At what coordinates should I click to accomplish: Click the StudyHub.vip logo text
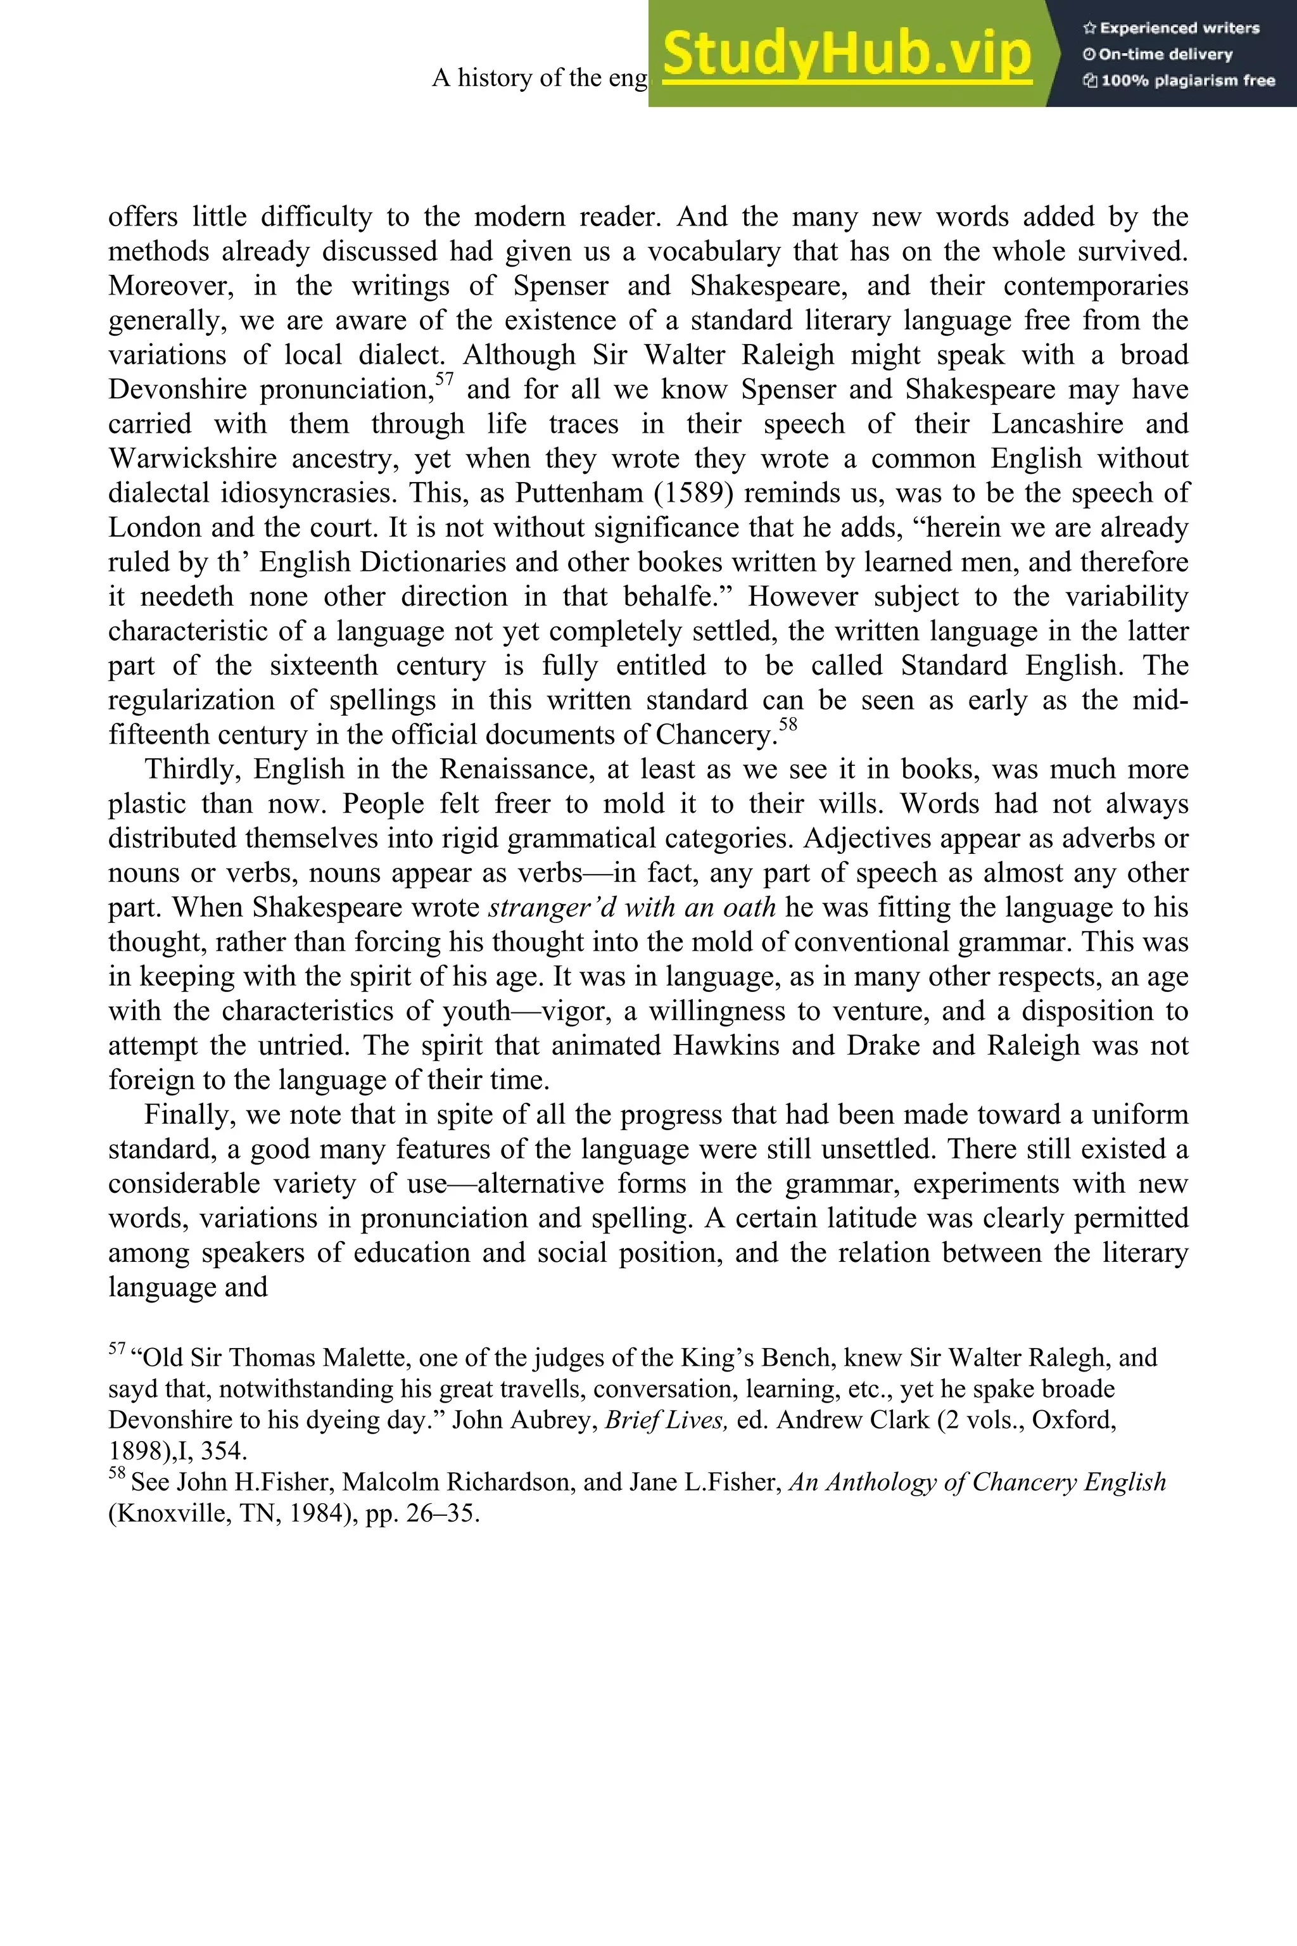pos(847,54)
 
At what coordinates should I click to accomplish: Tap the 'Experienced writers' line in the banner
pos(1171,28)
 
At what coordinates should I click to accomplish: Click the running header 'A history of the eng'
pos(540,78)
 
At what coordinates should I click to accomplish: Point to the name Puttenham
pos(578,493)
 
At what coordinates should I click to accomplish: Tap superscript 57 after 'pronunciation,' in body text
pos(445,380)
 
